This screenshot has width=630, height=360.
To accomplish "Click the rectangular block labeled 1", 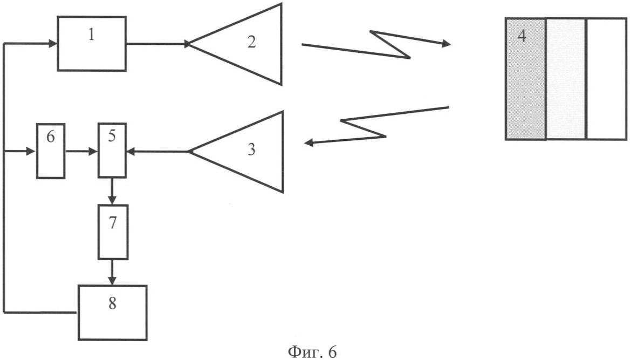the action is click(92, 44).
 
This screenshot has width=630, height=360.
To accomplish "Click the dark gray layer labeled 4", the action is click(525, 79).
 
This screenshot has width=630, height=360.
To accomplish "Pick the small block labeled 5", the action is click(112, 151).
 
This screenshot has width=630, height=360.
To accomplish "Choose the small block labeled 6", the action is click(51, 151).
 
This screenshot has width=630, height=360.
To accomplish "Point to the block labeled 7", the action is click(113, 232).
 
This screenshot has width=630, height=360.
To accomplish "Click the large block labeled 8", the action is click(113, 313).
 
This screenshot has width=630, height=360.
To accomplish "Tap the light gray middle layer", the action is click(566, 79).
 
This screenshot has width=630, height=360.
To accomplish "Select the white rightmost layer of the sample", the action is click(607, 79).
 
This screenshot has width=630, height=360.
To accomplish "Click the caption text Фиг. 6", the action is click(312, 351).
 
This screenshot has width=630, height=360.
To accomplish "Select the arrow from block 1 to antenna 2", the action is click(158, 43).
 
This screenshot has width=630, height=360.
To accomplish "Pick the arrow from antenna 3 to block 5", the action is click(157, 152).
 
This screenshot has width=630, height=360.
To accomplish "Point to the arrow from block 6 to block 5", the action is click(81, 152).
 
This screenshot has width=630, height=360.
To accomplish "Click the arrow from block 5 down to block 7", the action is click(112, 191).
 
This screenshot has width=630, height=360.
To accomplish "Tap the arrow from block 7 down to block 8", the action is click(112, 273).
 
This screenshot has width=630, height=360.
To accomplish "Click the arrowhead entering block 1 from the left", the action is click(53, 43).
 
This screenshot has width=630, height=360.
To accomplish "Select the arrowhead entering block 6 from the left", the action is click(32, 152).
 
